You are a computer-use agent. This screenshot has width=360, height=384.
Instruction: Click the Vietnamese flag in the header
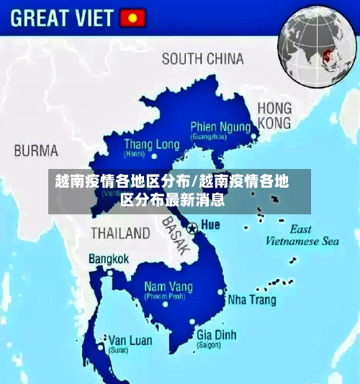pos(132,17)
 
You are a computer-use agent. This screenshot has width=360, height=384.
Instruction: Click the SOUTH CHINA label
pos(202,59)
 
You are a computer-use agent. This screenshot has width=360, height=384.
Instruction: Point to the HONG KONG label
pos(274,115)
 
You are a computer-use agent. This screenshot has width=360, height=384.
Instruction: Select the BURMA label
pos(36,151)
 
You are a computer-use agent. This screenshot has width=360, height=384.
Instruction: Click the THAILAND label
pos(120,233)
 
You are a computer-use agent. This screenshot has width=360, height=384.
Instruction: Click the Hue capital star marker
pos(192,227)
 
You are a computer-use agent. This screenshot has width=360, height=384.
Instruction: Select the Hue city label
pos(210,225)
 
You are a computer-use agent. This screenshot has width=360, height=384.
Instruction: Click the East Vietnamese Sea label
pos(302,236)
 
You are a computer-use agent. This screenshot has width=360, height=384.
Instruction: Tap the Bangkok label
pos(109,259)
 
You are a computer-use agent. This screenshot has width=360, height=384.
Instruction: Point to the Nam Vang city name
pos(168,287)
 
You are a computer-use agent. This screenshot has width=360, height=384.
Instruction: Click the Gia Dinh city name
pos(216,334)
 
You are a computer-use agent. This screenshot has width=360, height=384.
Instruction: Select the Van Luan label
pos(130,340)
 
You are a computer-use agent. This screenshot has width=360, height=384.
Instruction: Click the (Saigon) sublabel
pos(209,345)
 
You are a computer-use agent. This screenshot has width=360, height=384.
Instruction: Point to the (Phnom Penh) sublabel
pos(165,296)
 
